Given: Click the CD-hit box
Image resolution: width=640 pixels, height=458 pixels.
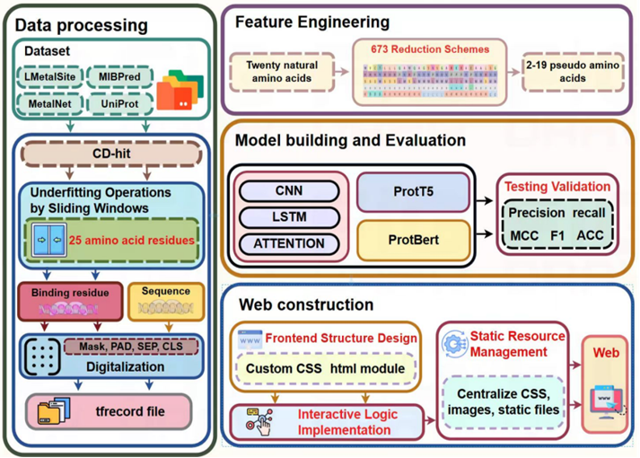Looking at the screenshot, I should [114, 154].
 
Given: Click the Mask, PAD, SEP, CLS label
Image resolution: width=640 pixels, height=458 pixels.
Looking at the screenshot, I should [135, 347].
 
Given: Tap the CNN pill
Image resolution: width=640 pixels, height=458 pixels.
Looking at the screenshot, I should [288, 191].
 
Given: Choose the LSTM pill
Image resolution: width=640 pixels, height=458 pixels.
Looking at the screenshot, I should [288, 217].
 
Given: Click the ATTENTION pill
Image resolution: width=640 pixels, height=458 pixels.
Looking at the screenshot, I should [288, 243].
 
